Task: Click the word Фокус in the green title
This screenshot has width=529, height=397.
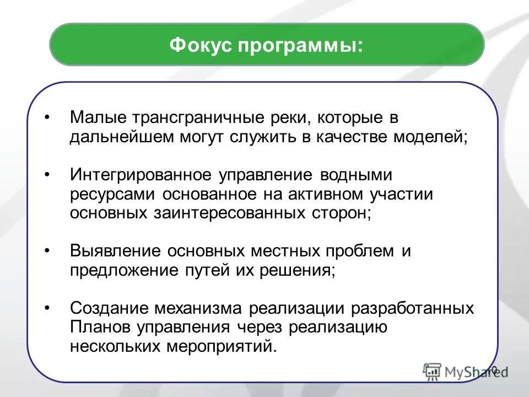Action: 201,45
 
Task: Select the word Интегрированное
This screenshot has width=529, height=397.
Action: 141,175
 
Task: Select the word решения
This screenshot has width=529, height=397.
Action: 304,271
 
